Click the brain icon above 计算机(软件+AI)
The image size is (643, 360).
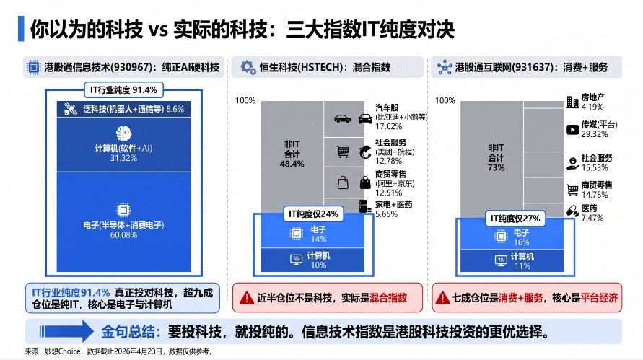(x=123, y=133)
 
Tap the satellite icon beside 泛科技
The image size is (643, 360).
(x=71, y=109)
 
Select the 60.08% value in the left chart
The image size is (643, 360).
(x=123, y=235)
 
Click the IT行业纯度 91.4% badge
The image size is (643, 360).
(x=123, y=89)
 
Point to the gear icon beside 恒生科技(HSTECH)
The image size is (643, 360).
(x=248, y=67)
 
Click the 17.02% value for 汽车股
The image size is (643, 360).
(x=389, y=126)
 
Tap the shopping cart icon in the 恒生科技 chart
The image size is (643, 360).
(x=343, y=152)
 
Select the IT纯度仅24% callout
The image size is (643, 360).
(x=313, y=214)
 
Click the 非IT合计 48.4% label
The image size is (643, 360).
(x=292, y=154)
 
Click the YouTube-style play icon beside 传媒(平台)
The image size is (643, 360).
(x=572, y=130)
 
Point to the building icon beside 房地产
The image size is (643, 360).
(x=572, y=102)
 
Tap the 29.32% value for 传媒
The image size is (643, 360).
(x=595, y=134)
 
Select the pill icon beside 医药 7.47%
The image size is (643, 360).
(x=572, y=211)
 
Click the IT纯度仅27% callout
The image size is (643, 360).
(x=515, y=219)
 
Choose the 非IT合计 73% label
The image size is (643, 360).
(x=497, y=157)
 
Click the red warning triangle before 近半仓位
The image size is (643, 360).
(x=247, y=298)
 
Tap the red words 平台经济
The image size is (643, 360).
(x=599, y=298)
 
